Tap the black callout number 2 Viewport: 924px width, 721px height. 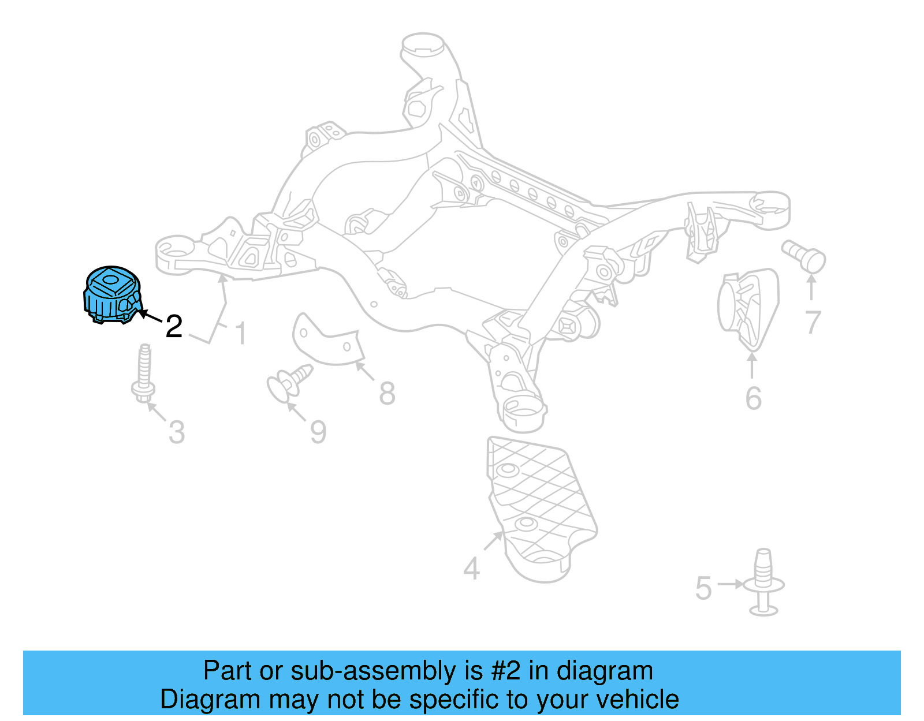pyautogui.click(x=174, y=327)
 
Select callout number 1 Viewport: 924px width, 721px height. pyautogui.click(x=241, y=334)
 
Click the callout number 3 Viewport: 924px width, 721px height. pyautogui.click(x=177, y=432)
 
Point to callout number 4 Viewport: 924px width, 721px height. pyautogui.click(x=471, y=569)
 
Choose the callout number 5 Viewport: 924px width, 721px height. pyautogui.click(x=703, y=588)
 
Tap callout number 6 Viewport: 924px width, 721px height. pyautogui.click(x=753, y=398)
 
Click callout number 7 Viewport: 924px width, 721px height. pyautogui.click(x=813, y=322)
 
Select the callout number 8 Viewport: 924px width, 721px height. pyautogui.click(x=387, y=394)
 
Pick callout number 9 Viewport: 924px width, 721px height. pyautogui.click(x=318, y=432)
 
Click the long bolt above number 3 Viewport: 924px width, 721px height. pyautogui.click(x=144, y=372)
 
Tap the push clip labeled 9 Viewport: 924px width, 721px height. pyautogui.click(x=288, y=382)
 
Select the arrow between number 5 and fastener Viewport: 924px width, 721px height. pyautogui.click(x=731, y=584)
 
